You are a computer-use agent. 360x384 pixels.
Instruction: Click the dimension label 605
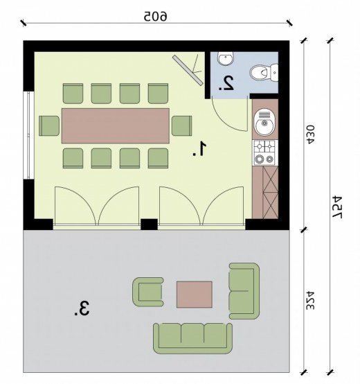point(156,16)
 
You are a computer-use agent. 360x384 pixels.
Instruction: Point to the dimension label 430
point(310,134)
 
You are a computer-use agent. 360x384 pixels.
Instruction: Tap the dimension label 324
point(310,300)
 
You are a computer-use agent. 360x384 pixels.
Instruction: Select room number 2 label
point(226,83)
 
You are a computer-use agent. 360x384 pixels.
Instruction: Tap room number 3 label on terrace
point(82,308)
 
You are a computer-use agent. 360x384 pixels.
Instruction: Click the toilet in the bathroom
point(264,73)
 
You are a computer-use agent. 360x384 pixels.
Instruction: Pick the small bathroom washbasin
point(226,58)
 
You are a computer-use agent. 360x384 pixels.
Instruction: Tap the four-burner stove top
point(264,152)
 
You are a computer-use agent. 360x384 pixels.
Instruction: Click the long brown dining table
point(116,125)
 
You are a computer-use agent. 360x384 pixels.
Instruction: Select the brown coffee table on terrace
point(194,295)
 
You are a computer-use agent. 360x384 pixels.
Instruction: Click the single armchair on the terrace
point(147,292)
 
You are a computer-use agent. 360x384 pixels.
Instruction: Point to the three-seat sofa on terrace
point(192,338)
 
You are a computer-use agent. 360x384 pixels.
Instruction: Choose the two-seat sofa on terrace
point(244,291)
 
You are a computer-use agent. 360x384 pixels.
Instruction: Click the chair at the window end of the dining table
point(49,125)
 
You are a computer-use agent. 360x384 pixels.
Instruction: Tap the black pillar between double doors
point(149,224)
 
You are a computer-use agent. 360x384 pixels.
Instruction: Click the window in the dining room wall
point(30,135)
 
